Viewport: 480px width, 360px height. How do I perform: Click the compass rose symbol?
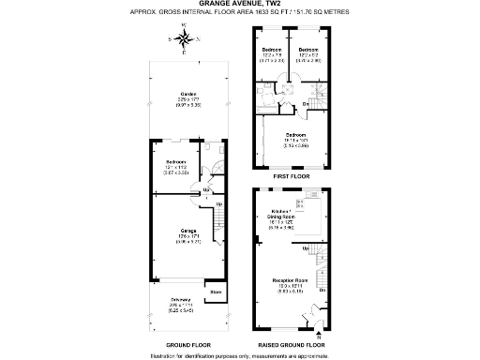185,39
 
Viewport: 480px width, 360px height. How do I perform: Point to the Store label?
215,292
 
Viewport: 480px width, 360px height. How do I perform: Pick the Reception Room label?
289,281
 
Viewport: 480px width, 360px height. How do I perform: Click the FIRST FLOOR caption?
291,175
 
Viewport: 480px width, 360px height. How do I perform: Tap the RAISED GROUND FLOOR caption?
291,345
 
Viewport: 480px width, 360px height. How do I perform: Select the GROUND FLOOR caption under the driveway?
187,345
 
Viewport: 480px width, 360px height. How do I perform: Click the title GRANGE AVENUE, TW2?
239,5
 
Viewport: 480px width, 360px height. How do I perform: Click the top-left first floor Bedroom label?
272,49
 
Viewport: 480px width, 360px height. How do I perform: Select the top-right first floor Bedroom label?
309,49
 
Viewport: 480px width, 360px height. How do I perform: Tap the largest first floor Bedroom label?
296,135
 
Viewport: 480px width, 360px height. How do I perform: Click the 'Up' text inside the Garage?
219,204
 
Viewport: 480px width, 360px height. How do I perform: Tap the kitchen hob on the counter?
301,202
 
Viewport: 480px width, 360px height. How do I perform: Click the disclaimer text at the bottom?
239,355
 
